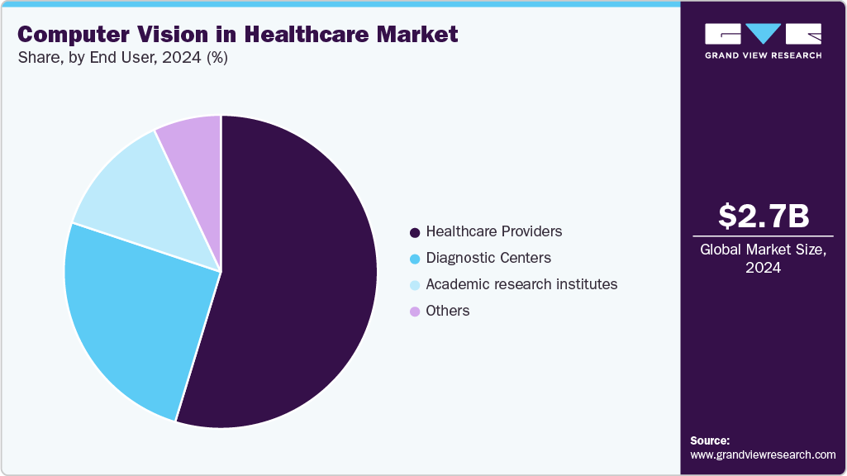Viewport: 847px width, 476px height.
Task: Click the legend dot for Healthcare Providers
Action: pyautogui.click(x=415, y=232)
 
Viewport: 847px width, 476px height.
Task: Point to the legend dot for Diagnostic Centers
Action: pyautogui.click(x=415, y=259)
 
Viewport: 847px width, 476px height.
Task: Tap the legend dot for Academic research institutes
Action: pyautogui.click(x=415, y=285)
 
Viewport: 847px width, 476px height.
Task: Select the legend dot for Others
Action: pyautogui.click(x=415, y=312)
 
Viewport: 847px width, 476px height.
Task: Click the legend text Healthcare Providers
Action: pyautogui.click(x=494, y=231)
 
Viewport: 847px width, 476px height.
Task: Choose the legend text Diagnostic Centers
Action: pyautogui.click(x=488, y=258)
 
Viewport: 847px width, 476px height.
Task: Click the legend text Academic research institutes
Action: pyautogui.click(x=521, y=284)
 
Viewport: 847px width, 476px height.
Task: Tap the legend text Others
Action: pyautogui.click(x=448, y=311)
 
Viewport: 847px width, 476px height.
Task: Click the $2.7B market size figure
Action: pyautogui.click(x=763, y=217)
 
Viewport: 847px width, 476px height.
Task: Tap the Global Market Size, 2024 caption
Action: pyautogui.click(x=763, y=259)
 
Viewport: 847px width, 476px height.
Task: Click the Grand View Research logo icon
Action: pyautogui.click(x=763, y=35)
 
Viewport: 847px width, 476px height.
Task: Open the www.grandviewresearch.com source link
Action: pyautogui.click(x=763, y=455)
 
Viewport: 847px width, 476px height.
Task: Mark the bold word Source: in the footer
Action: pyautogui.click(x=710, y=440)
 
